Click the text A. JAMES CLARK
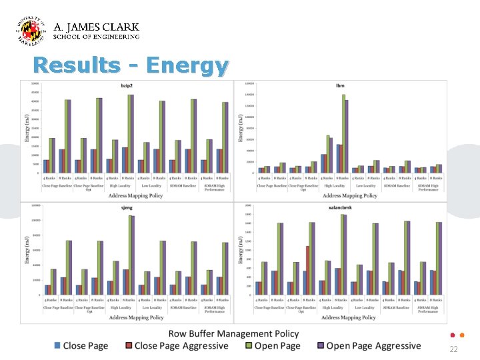point(96,27)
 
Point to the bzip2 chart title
point(126,85)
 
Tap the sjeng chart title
point(126,208)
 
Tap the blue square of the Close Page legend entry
point(57,345)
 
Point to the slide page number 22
point(453,349)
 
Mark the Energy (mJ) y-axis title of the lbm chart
point(241,127)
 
